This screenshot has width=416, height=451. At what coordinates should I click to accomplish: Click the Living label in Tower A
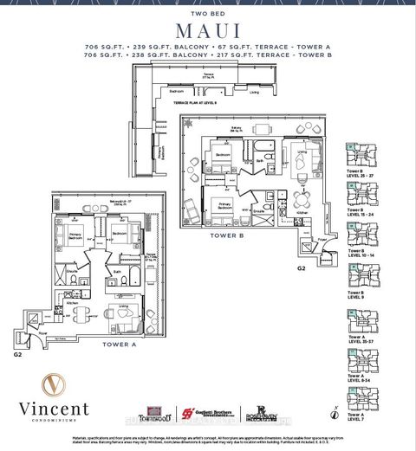(x=123, y=306)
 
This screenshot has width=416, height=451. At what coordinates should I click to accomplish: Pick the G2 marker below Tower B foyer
(x=301, y=268)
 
